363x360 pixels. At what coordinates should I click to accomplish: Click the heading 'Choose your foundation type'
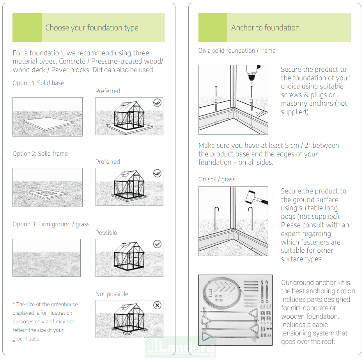point(92,28)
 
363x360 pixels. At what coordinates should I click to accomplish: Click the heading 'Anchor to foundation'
point(265,28)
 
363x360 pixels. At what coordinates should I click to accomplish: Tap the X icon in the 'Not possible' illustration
point(157,305)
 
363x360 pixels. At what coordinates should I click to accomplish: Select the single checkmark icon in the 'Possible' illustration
point(157,244)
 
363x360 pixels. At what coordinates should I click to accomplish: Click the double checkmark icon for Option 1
point(157,103)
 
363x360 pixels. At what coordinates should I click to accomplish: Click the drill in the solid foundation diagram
point(251,74)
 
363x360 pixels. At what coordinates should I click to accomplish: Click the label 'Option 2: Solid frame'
point(40,154)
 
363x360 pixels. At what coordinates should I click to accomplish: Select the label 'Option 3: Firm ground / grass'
point(51,224)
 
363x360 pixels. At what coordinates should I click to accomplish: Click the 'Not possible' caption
point(112,294)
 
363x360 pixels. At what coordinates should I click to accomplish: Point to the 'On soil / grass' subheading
point(217,179)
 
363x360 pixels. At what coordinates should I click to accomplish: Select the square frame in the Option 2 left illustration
point(48,193)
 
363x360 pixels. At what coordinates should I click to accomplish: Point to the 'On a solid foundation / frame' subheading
point(237,51)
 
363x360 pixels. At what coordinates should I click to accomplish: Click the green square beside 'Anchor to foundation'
point(213,27)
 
